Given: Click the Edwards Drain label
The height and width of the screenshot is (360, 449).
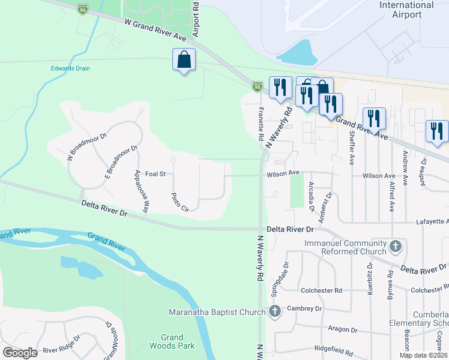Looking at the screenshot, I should (x=70, y=68).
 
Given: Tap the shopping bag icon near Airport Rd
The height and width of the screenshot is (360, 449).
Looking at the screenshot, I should (x=184, y=60).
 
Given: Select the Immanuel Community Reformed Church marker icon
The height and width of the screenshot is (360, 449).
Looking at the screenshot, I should (x=395, y=246).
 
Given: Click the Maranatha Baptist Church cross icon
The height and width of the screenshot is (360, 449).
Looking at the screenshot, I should (x=274, y=311).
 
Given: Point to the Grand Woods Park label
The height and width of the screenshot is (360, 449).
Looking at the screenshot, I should (x=172, y=341).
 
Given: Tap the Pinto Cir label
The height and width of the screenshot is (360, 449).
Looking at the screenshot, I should (x=180, y=202).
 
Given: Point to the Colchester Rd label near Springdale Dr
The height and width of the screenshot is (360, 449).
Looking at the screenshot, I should (x=321, y=290).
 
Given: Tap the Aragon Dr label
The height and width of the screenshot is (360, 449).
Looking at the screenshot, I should (x=343, y=329).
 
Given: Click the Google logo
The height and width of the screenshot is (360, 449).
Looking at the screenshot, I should (x=20, y=353).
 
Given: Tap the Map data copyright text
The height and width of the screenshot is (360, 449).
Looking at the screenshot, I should (x=423, y=355).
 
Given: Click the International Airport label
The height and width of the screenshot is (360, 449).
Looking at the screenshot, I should (x=406, y=10).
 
